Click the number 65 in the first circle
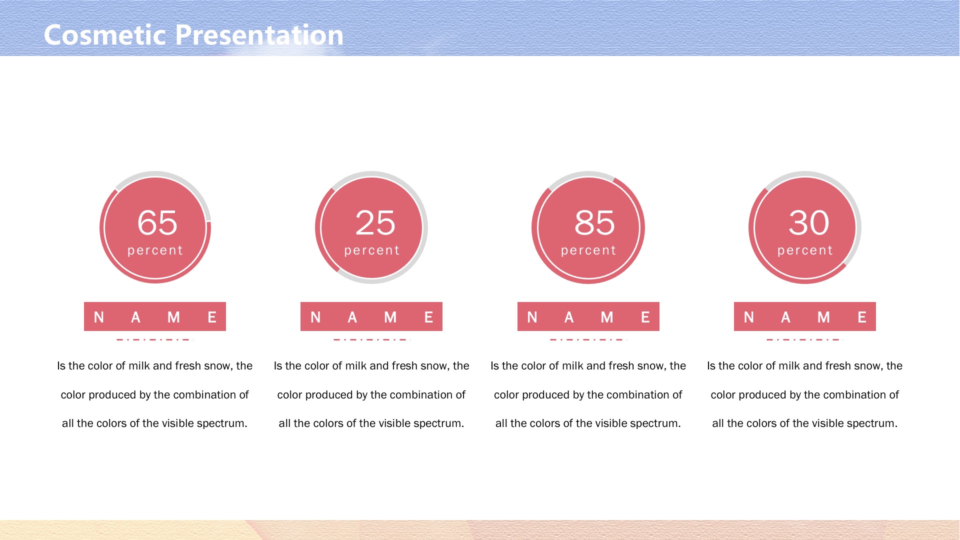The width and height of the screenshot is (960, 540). click(157, 222)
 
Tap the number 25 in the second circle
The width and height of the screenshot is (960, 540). click(375, 222)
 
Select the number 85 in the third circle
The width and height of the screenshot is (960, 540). click(594, 222)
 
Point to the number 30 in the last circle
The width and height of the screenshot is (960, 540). click(808, 222)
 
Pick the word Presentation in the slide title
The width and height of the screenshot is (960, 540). click(259, 35)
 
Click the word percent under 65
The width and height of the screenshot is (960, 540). click(155, 250)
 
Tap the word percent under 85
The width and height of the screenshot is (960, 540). click(588, 250)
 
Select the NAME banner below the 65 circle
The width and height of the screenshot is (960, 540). click(155, 316)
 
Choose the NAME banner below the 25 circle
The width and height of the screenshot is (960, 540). click(371, 316)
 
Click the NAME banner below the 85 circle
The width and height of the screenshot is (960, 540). click(588, 316)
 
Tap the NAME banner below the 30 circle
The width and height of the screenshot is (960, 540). click(805, 316)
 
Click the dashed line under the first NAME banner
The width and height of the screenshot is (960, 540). click(155, 339)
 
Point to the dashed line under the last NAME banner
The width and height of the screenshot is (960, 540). click(805, 339)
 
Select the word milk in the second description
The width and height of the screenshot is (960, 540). click(356, 366)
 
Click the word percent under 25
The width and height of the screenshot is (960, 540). click(372, 250)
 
